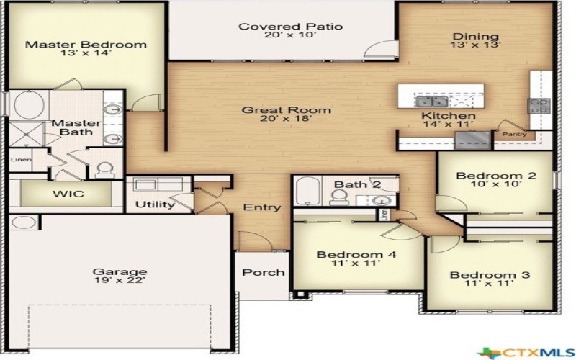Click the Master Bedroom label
(86, 45)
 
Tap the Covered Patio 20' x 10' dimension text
(290, 35)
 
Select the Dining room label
(476, 37)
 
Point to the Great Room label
(286, 110)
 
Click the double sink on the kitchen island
(431, 102)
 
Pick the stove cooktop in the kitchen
(539, 105)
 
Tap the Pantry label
(514, 134)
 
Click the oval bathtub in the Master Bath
(29, 104)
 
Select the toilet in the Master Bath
(105, 170)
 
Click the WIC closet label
(68, 194)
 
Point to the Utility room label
(155, 204)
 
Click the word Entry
(262, 207)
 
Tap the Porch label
(264, 272)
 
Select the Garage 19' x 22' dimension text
(120, 281)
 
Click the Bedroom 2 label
(496, 176)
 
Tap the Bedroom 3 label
(490, 275)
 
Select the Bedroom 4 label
(356, 254)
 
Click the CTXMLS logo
(526, 353)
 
